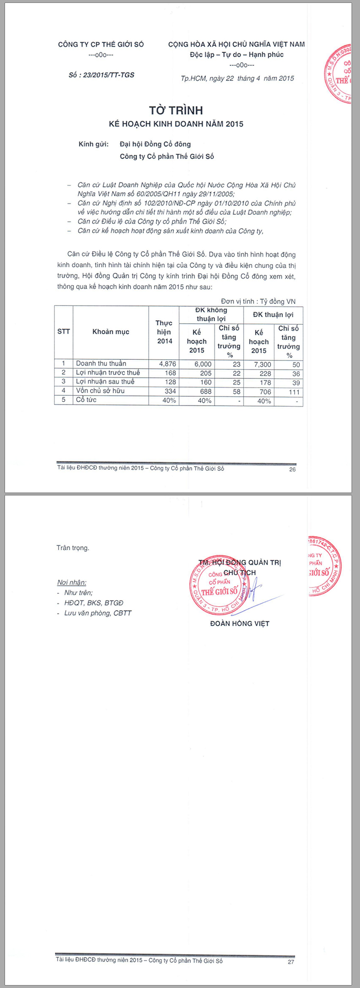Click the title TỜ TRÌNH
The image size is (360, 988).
coord(176,111)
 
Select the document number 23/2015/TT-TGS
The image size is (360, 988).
coord(101,75)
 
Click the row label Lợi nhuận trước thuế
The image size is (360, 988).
coord(107,373)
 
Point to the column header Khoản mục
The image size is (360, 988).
coord(111,332)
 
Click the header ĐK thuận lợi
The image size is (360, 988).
coord(273,315)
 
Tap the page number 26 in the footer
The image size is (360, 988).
coord(293,469)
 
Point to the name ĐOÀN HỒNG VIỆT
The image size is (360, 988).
coord(240,624)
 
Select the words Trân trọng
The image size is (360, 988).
coord(73,548)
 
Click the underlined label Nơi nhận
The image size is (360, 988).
coord(71,583)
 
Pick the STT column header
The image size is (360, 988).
coord(63,332)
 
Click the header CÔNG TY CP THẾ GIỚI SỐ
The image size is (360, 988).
coord(101,45)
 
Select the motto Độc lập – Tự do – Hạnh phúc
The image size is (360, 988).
coord(237,55)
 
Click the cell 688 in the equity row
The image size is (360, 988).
coord(204,392)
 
